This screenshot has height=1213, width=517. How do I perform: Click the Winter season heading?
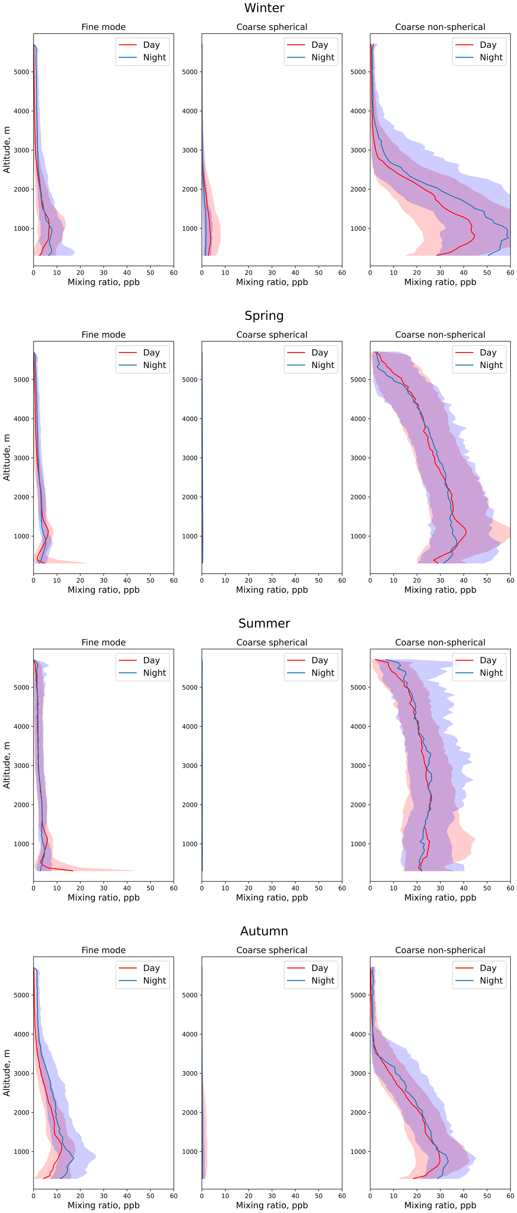click(x=264, y=8)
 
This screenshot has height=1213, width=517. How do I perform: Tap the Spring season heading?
click(x=264, y=315)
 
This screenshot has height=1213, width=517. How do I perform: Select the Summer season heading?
click(x=264, y=623)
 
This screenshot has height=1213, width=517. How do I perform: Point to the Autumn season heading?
click(x=264, y=931)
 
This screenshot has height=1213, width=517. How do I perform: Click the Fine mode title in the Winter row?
click(x=104, y=27)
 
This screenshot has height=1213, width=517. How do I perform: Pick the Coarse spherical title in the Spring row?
click(x=272, y=335)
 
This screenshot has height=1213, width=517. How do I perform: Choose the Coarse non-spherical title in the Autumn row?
click(x=440, y=950)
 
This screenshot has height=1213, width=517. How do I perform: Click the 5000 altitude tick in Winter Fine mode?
click(x=21, y=72)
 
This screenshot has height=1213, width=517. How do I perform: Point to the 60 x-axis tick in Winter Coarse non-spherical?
click(x=510, y=273)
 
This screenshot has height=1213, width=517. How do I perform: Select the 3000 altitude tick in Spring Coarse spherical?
click(x=190, y=458)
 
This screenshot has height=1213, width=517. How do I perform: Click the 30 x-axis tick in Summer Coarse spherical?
click(x=272, y=888)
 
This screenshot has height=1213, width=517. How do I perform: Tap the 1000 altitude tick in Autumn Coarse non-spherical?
click(x=358, y=1151)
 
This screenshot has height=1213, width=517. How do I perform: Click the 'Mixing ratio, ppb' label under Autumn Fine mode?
click(x=104, y=1205)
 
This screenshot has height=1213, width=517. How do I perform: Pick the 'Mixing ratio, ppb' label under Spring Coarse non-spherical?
click(x=440, y=590)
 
